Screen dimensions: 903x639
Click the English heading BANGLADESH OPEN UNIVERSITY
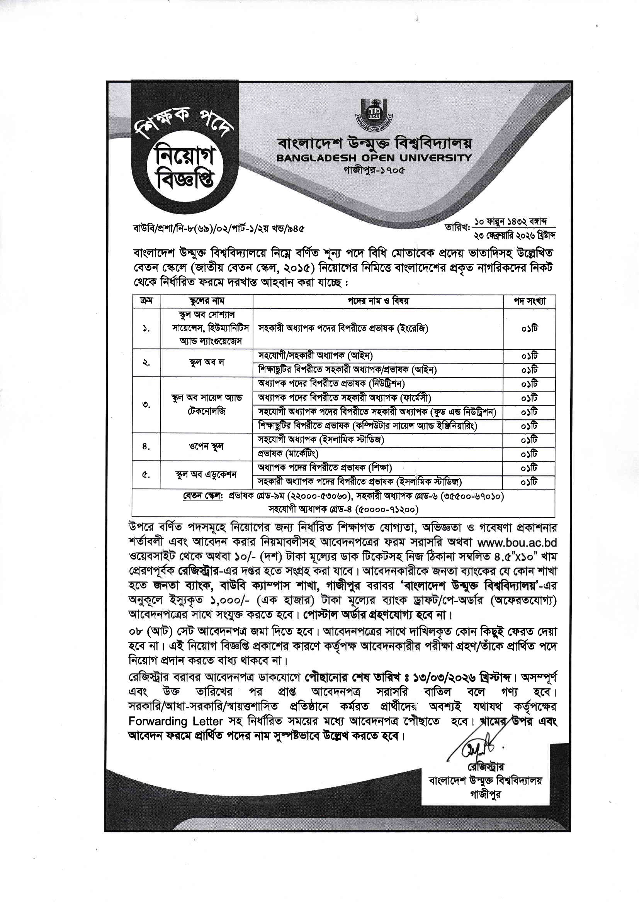coord(374,158)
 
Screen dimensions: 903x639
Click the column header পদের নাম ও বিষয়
coord(378,301)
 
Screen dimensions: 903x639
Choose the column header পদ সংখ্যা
coord(529,301)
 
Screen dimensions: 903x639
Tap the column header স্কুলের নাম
coord(206,301)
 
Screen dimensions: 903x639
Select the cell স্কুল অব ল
coord(206,363)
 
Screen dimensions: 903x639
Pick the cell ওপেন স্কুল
coord(206,447)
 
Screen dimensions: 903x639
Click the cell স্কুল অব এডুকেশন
coord(206,475)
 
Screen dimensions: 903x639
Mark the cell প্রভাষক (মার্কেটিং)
coord(288,454)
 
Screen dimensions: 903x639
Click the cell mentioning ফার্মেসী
coord(344,398)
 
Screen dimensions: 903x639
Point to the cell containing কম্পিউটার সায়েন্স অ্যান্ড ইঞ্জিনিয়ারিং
coord(367,426)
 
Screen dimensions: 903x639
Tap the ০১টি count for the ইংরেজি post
coord(529,329)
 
